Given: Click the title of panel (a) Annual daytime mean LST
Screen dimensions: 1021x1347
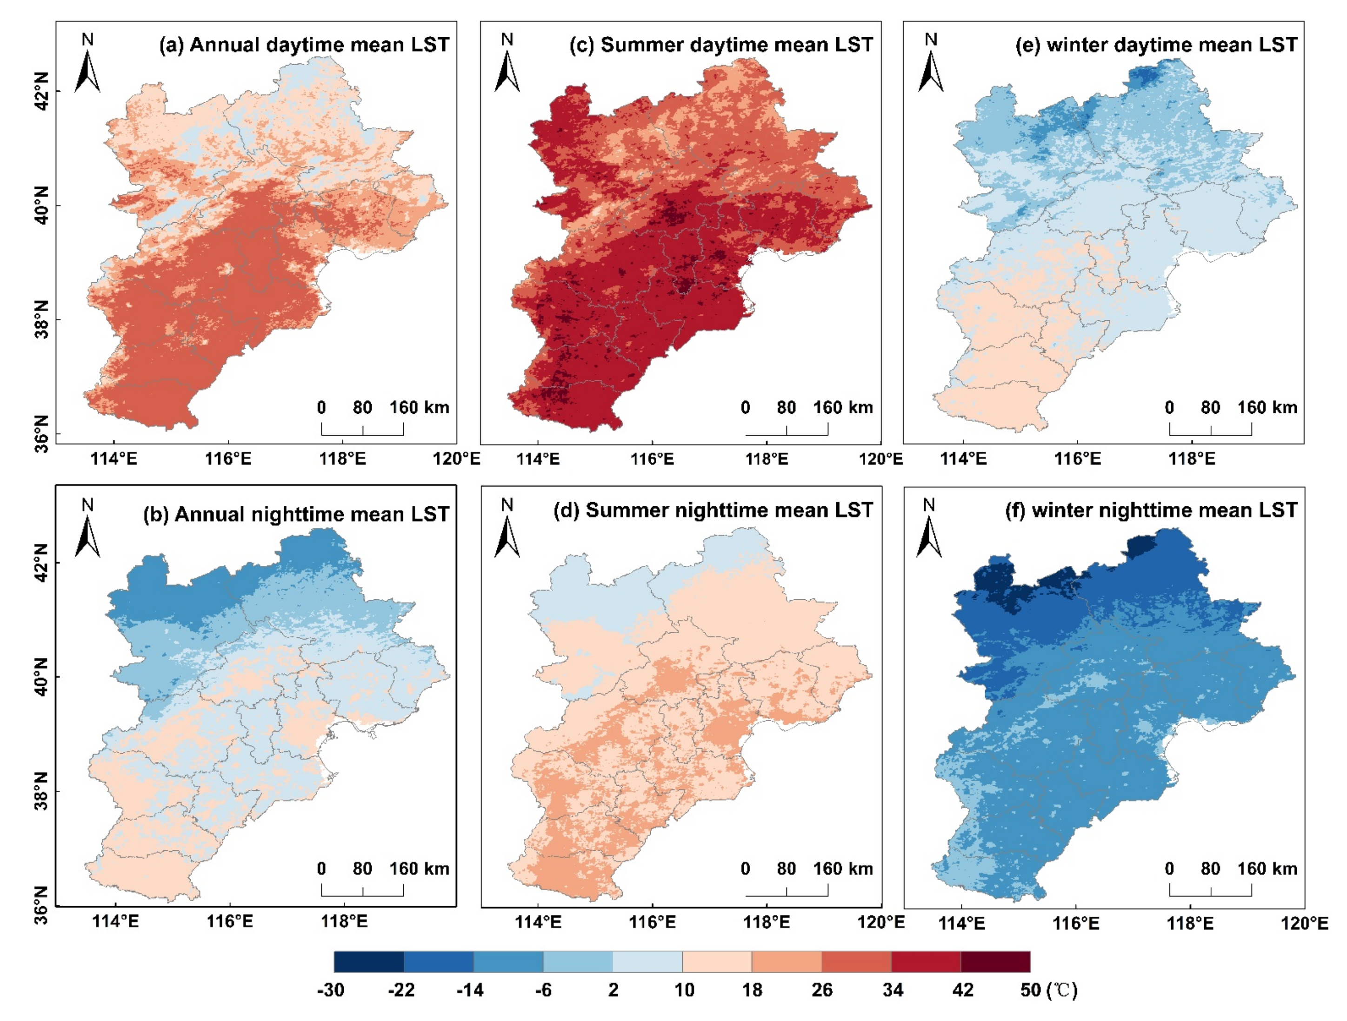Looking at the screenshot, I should (x=304, y=45).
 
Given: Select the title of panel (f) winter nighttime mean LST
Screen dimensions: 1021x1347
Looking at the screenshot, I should (x=1150, y=510).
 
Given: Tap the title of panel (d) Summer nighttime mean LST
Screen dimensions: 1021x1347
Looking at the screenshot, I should (x=713, y=510).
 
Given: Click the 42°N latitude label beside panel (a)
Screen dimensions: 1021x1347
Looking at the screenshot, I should (x=40, y=91).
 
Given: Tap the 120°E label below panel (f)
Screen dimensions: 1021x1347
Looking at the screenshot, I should (x=1304, y=923).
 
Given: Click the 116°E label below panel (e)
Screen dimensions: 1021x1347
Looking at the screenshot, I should (x=1077, y=458).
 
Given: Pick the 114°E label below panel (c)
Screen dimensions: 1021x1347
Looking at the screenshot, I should (x=538, y=458).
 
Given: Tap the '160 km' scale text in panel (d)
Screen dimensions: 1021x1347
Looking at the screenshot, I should (x=843, y=869).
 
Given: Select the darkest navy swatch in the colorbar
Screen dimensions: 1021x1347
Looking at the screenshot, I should (x=368, y=962).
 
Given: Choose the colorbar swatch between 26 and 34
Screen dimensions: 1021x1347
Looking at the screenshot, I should (x=856, y=962).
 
